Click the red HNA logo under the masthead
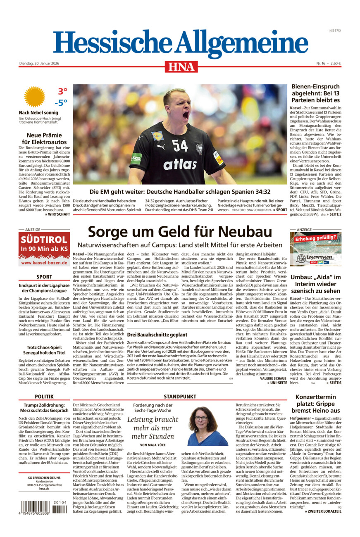[181, 67]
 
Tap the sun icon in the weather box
[35, 97]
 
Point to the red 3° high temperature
[62, 91]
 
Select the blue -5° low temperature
[60, 103]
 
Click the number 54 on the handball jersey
[180, 145]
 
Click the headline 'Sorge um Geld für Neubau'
[180, 231]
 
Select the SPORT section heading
[44, 277]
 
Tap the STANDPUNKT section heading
[180, 397]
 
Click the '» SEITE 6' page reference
[333, 383]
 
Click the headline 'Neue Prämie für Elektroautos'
[44, 139]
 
